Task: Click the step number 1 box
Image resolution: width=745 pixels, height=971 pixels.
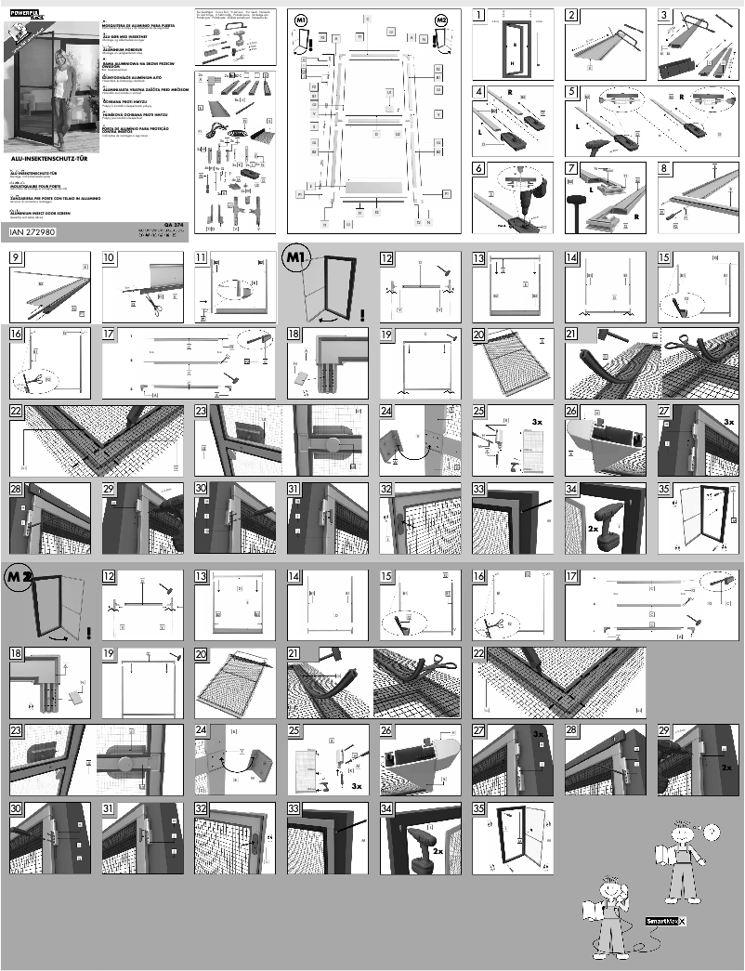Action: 479,14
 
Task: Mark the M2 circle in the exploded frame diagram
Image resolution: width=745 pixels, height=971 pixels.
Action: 440,20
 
